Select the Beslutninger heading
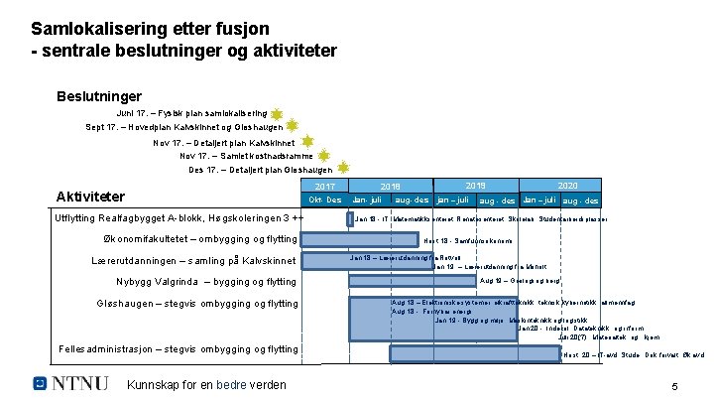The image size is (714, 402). coord(99,96)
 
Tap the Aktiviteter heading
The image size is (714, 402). coord(90,197)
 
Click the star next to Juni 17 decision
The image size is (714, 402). coord(277,114)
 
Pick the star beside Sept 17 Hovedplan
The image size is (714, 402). coord(293,127)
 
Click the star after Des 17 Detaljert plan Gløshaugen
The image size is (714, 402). coord(342,169)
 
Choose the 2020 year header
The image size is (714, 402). coord(567,186)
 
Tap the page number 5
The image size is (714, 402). coord(674,386)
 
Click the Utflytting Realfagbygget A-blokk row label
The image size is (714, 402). coord(179,218)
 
